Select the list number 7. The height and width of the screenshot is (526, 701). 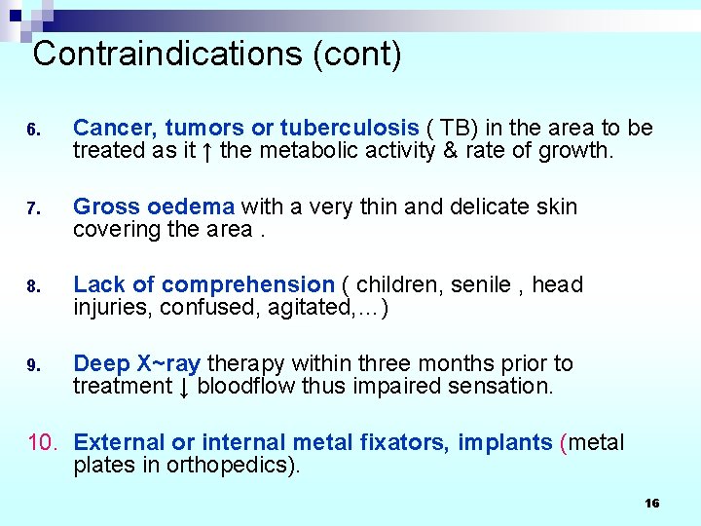32,208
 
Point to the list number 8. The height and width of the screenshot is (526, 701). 32,286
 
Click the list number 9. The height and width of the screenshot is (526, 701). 32,365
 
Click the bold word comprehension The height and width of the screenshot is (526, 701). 247,284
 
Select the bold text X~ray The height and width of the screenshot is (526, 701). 168,363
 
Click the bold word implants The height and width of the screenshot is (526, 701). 506,443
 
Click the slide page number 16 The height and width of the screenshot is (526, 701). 651,503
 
